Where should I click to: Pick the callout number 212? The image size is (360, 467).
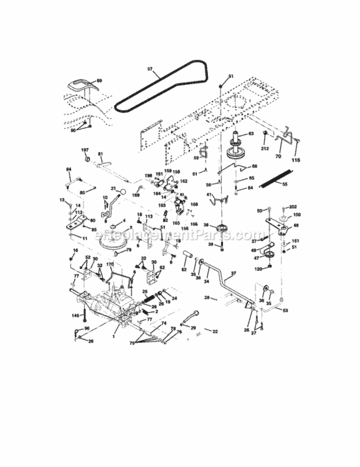point(265,149)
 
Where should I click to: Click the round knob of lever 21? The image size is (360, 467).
point(124,191)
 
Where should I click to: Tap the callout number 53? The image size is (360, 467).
point(286,309)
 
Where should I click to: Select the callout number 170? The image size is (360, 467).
point(110,265)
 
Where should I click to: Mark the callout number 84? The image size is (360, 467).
point(69,169)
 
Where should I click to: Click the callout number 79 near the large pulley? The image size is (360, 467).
point(128,250)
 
